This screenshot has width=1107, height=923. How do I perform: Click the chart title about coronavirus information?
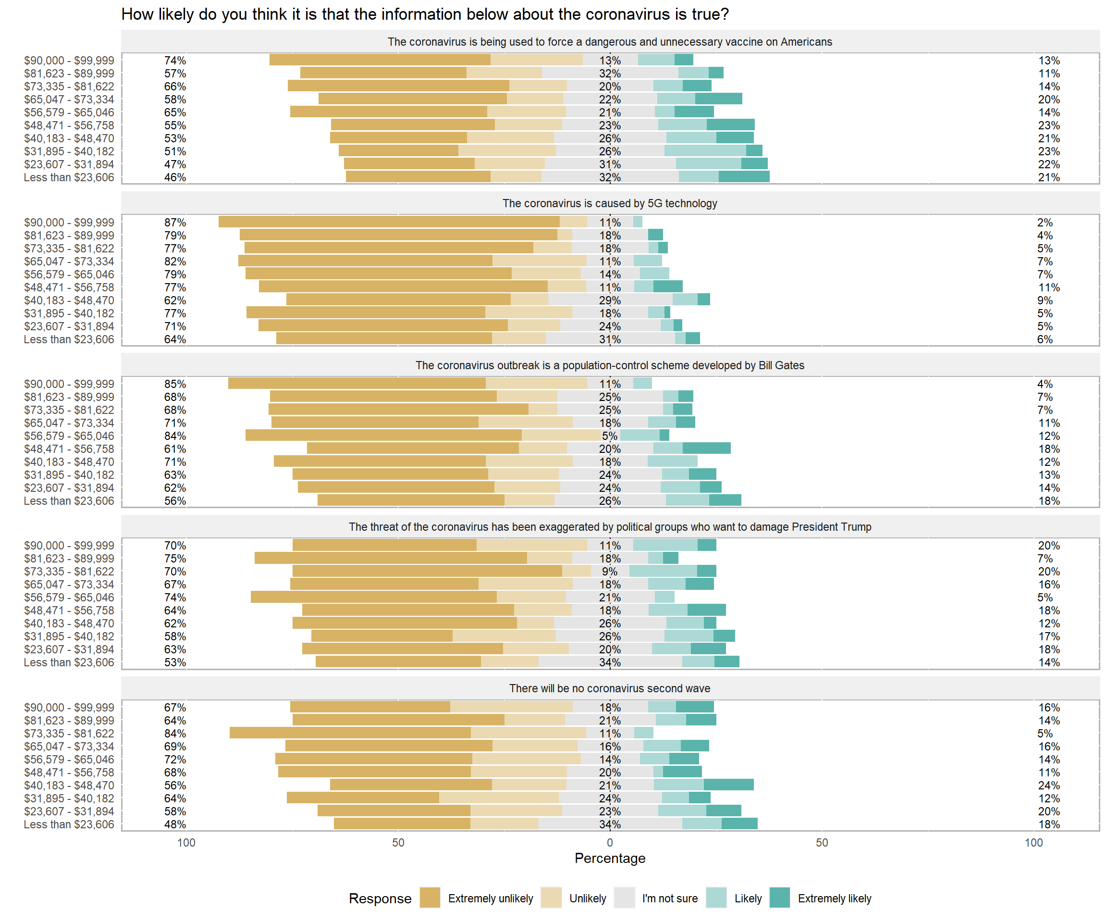(x=424, y=14)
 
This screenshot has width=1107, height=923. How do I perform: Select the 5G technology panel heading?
(x=609, y=203)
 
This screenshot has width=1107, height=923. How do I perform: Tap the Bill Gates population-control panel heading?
(x=609, y=365)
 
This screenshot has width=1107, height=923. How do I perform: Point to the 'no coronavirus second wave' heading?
(x=609, y=688)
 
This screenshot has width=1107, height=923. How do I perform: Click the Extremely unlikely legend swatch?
(x=430, y=898)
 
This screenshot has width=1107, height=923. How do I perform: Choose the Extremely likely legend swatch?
(x=780, y=898)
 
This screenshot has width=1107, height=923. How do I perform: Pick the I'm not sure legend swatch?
(x=624, y=898)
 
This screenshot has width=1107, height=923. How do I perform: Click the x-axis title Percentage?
(x=609, y=858)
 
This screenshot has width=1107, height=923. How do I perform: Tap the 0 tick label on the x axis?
(x=609, y=842)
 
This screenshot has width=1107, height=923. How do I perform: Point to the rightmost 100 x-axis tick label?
(x=1033, y=842)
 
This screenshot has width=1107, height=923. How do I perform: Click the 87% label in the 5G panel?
(x=175, y=223)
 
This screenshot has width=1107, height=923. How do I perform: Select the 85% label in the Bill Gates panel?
(x=175, y=384)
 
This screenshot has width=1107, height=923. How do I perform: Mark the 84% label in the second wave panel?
(x=175, y=734)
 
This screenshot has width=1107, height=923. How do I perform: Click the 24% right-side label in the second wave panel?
(x=1048, y=786)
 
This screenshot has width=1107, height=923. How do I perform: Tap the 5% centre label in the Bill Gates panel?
(x=609, y=436)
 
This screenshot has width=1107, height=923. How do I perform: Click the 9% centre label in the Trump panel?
(x=609, y=572)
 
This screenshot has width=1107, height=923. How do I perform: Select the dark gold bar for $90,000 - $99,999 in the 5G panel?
(x=389, y=222)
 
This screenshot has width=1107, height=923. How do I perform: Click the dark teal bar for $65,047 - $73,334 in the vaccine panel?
(x=718, y=99)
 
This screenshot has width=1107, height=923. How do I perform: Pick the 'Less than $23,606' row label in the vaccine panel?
(x=69, y=177)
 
